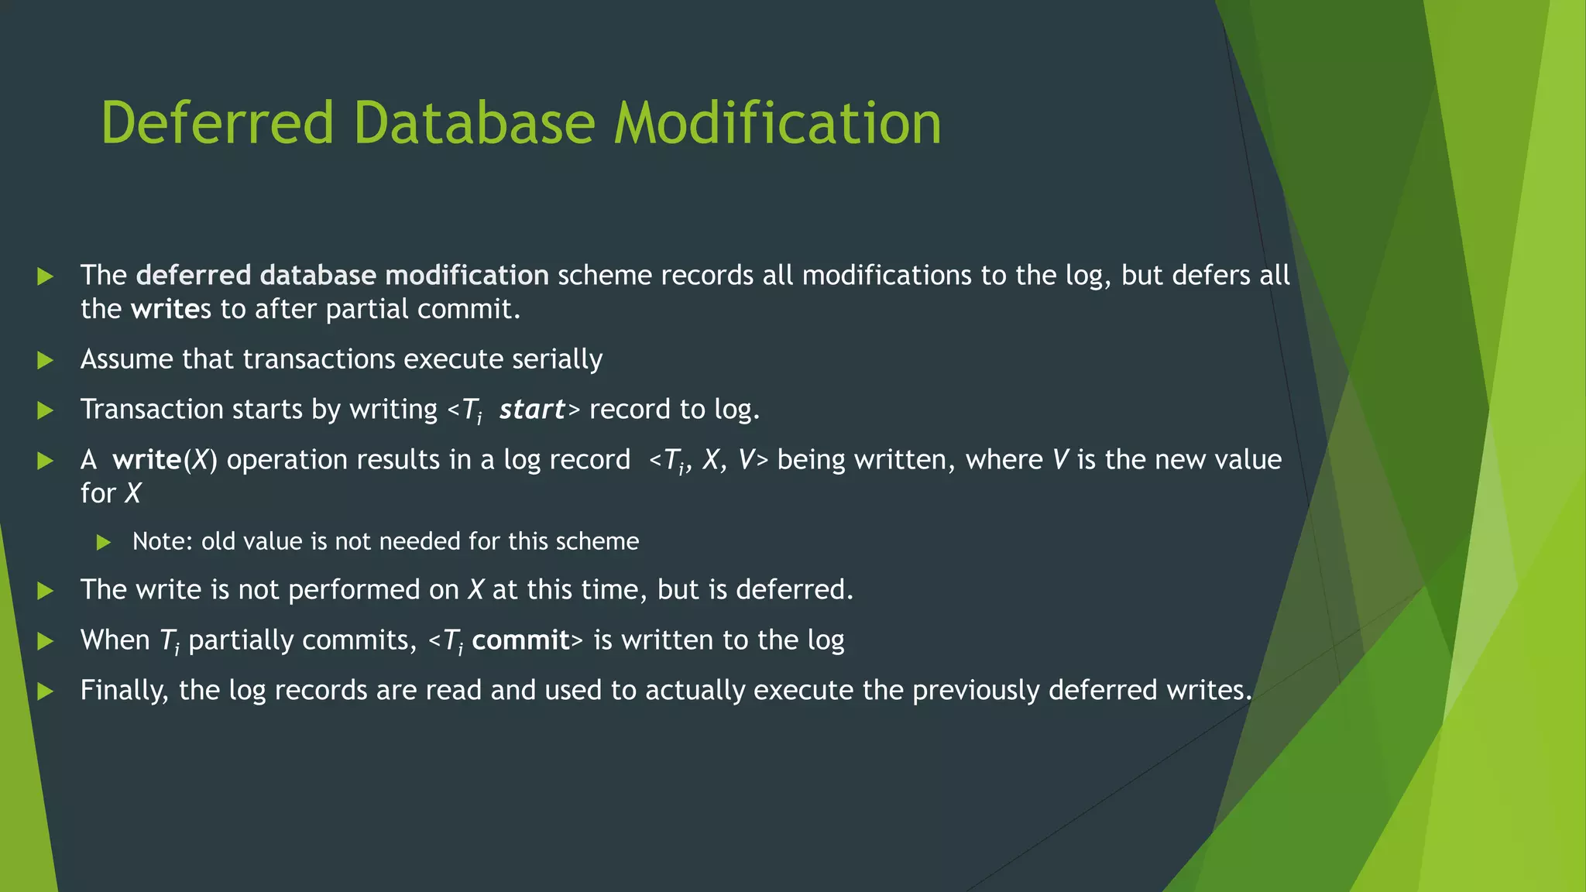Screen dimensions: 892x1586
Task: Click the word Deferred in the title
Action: pyautogui.click(x=216, y=123)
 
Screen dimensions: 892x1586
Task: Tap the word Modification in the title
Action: pyautogui.click(x=778, y=123)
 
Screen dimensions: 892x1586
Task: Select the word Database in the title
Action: pyautogui.click(x=474, y=123)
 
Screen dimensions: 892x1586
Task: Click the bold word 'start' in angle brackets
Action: pyautogui.click(x=532, y=409)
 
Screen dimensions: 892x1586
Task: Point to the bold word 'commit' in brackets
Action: pyautogui.click(x=520, y=640)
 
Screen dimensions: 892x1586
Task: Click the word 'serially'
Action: pyautogui.click(x=557, y=359)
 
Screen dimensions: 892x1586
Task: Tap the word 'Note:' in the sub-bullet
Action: pyautogui.click(x=163, y=541)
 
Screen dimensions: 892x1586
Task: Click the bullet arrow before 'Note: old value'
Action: pyautogui.click(x=104, y=542)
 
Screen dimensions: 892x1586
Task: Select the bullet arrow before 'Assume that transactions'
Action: pyautogui.click(x=46, y=360)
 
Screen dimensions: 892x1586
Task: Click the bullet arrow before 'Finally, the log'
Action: pyautogui.click(x=46, y=691)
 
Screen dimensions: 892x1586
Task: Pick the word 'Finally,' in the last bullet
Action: pyautogui.click(x=124, y=691)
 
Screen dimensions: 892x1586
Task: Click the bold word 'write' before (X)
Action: pyautogui.click(x=146, y=460)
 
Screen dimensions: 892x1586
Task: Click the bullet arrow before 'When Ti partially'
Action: pyautogui.click(x=46, y=641)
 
